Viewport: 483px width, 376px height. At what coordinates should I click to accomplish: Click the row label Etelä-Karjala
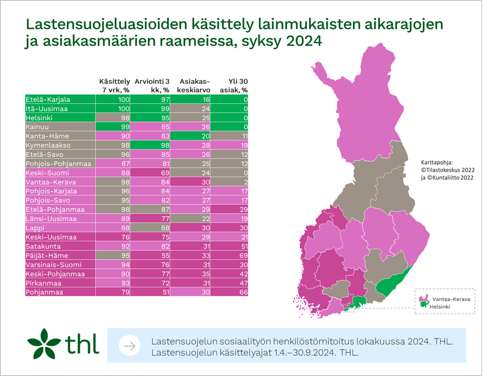click(48, 99)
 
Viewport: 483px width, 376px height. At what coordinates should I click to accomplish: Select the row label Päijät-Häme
click(47, 256)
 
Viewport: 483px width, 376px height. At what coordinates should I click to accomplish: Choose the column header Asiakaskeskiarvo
click(191, 86)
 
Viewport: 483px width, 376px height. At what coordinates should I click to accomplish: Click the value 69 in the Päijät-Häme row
click(243, 256)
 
